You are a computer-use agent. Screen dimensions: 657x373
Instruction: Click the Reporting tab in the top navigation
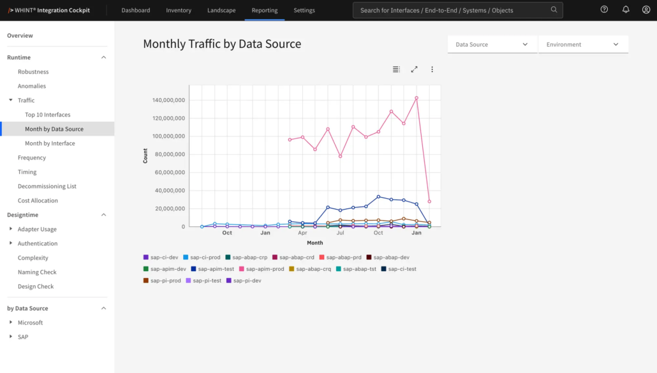(264, 10)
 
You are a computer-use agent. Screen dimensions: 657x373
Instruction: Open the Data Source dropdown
(492, 45)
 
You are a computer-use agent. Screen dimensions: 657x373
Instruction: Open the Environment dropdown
(583, 45)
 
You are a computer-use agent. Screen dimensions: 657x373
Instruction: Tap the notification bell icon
(626, 10)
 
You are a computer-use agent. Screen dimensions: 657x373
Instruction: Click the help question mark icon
(604, 10)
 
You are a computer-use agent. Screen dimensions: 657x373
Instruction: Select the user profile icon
(646, 10)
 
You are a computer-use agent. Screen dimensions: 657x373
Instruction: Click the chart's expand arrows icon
(414, 69)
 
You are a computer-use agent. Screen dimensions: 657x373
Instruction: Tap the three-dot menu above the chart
(432, 69)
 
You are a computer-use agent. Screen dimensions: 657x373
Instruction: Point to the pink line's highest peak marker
(417, 98)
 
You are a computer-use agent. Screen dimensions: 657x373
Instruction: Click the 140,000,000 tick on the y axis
(168, 100)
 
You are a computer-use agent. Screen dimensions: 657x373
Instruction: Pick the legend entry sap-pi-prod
(162, 281)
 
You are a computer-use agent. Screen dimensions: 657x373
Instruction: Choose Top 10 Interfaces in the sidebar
(47, 115)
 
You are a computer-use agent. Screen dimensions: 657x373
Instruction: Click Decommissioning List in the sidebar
(47, 186)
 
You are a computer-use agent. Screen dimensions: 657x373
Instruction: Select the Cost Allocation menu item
(38, 200)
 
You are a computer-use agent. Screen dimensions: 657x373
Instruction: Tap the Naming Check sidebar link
(37, 272)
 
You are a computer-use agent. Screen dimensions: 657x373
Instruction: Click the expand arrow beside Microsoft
(11, 323)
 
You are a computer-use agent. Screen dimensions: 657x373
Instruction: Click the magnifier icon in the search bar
(554, 10)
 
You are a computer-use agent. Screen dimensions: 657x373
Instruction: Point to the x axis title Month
(314, 243)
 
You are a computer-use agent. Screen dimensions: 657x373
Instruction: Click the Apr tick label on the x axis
(302, 233)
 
